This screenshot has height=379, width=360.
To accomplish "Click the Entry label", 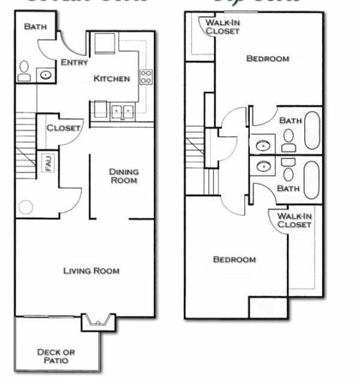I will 75,62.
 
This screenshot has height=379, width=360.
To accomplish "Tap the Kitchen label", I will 111,79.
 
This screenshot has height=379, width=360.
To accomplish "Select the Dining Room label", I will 123,176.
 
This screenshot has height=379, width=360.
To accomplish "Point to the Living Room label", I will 92,270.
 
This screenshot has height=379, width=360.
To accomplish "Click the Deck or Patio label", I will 56,356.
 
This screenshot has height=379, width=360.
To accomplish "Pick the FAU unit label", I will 47,163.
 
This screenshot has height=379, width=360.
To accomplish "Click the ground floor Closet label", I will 63,128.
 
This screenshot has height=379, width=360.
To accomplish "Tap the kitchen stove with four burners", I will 146,76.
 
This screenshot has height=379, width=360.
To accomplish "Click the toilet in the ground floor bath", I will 25,71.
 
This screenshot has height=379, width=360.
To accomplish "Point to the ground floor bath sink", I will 46,75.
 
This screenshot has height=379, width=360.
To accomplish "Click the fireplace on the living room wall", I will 96,322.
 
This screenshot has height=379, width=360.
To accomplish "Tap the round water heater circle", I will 26,207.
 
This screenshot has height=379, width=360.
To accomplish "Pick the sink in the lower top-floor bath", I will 262,166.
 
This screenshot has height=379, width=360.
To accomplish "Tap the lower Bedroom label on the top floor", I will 235,260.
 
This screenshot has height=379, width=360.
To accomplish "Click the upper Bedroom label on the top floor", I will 268,59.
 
